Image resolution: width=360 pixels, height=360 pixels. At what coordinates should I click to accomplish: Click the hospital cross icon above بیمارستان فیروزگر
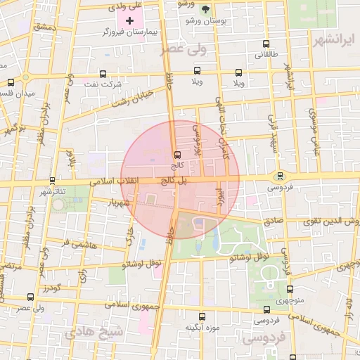click(x=129, y=21)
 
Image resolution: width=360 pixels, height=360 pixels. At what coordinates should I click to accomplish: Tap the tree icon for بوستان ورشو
click(x=205, y=10)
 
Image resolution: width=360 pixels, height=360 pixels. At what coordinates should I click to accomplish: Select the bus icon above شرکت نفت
click(x=103, y=73)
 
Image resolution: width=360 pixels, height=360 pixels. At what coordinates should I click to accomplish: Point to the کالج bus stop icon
click(x=176, y=155)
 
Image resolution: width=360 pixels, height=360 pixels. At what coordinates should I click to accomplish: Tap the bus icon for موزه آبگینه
click(x=202, y=317)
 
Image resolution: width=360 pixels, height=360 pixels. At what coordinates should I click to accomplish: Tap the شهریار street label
click(x=121, y=202)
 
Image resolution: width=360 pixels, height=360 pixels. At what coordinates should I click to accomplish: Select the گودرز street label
click(x=51, y=288)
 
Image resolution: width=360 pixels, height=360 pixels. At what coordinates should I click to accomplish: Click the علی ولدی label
click(x=127, y=6)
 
